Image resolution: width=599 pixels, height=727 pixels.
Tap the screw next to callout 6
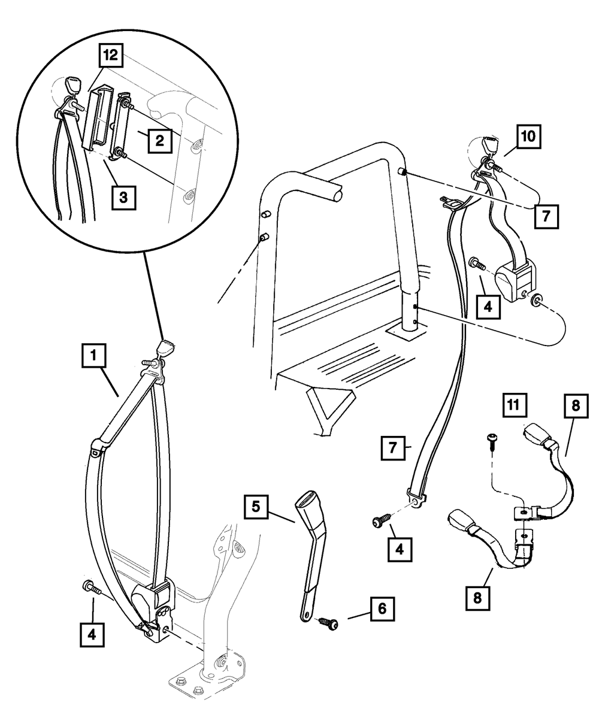point(328,623)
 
